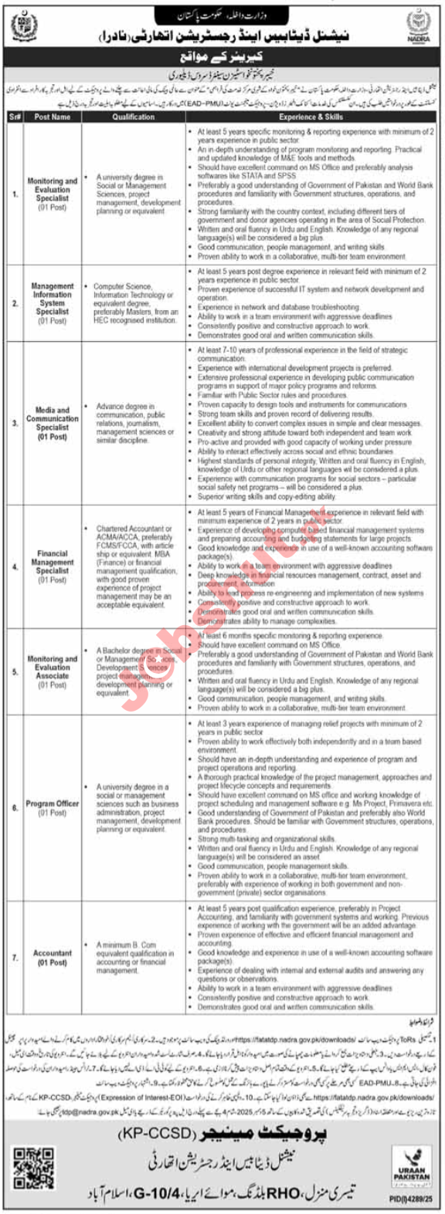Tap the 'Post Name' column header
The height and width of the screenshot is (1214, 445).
coord(53,117)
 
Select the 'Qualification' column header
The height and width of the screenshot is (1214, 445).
coord(133,117)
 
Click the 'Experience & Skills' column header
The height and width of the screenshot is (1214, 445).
coord(311,117)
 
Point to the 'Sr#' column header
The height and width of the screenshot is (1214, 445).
coord(15,117)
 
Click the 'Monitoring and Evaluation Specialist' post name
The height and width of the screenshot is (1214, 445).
coord(53,194)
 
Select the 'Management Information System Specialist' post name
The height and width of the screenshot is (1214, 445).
coord(53,303)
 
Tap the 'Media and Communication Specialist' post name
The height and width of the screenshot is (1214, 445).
coord(53,423)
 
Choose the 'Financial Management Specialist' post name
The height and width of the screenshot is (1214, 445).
coord(53,566)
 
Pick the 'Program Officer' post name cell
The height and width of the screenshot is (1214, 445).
coord(53,807)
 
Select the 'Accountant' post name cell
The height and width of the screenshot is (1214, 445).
coord(53,958)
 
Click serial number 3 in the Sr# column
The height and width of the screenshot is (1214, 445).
coord(15,423)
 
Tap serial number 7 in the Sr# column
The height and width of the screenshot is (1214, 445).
coord(15,958)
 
